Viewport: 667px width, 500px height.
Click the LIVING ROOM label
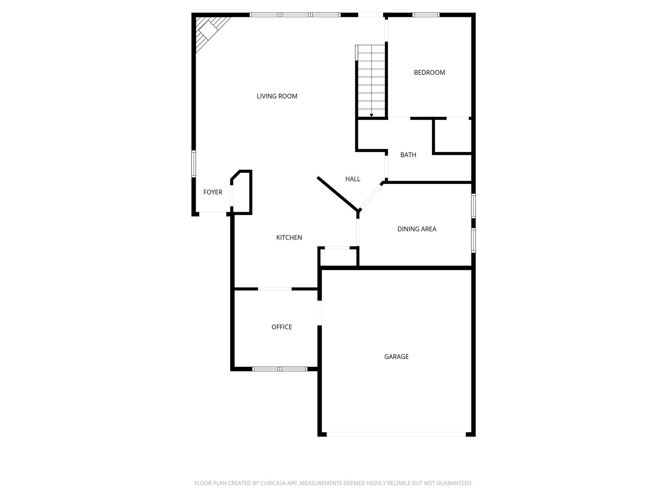[x=277, y=96]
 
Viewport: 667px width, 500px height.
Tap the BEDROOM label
[x=429, y=73]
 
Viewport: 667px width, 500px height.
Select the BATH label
[x=408, y=155]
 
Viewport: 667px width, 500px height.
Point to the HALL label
[x=353, y=179]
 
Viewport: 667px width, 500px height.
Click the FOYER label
[x=213, y=192]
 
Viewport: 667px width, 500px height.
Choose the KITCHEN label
[x=289, y=238]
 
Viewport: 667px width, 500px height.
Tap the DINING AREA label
[x=417, y=229]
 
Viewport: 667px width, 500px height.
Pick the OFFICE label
[x=282, y=327]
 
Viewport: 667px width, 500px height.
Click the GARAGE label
[x=396, y=357]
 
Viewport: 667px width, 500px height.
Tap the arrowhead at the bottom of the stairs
[x=371, y=115]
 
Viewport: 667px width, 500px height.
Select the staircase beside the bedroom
[x=371, y=81]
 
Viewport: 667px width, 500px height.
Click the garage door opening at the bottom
[x=396, y=434]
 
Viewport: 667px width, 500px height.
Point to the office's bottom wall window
[x=280, y=369]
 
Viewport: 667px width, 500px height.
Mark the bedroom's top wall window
[x=426, y=15]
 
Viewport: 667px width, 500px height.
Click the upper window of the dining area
[x=474, y=206]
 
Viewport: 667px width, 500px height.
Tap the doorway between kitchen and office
[x=275, y=289]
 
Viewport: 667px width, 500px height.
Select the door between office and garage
[x=319, y=313]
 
